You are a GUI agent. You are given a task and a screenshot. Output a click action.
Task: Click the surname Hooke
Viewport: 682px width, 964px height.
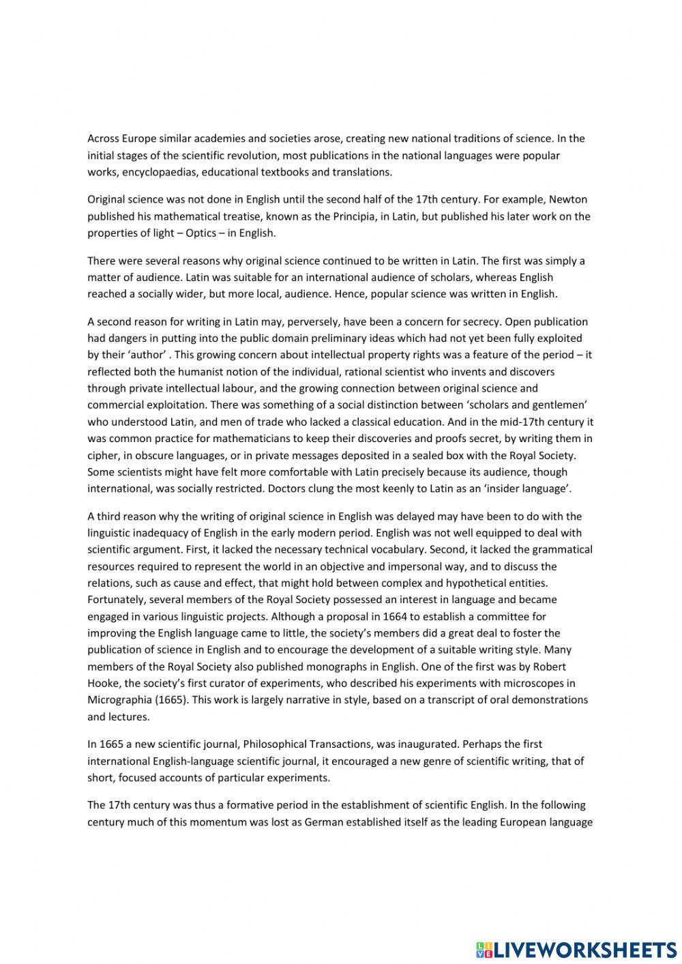(x=103, y=683)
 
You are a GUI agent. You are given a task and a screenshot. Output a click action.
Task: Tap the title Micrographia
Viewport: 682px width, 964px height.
(x=121, y=699)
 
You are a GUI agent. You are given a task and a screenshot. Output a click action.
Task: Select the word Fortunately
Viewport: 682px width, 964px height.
(x=117, y=599)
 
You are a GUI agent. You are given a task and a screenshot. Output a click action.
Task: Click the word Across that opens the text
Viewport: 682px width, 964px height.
(x=103, y=138)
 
